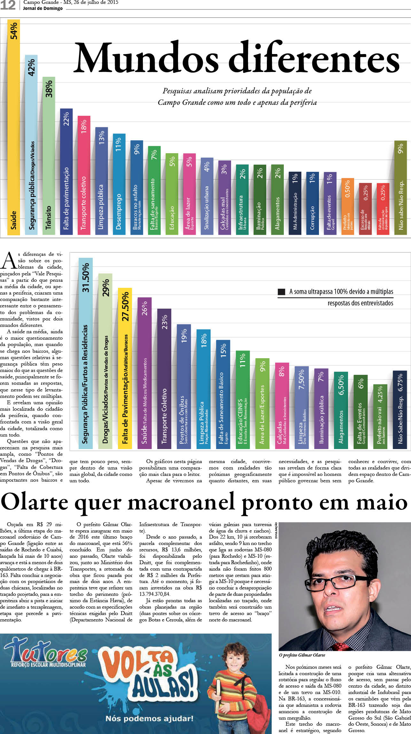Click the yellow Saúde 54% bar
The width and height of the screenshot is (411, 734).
14,128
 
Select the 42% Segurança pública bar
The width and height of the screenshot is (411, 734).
31,144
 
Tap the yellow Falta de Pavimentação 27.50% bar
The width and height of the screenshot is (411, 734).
125,368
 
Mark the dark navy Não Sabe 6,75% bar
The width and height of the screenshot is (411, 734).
400,409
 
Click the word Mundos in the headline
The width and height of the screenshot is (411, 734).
145,58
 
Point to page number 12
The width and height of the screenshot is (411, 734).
8,5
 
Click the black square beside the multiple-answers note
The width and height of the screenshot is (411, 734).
282,292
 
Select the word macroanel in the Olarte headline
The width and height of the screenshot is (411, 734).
183,502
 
